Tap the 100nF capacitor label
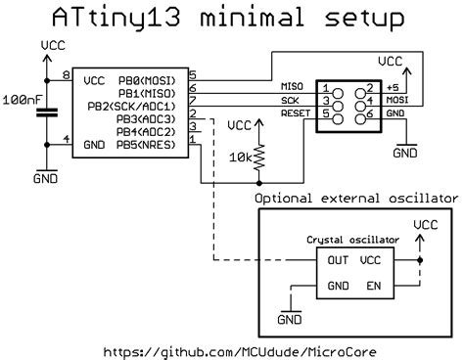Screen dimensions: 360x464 coord(21,101)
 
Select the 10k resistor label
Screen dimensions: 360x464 coord(241,156)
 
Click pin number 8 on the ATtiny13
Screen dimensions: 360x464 coord(66,75)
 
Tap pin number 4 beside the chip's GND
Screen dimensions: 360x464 coord(66,140)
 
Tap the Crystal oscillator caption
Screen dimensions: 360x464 coord(352,239)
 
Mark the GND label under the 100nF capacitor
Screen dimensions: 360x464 coord(44,180)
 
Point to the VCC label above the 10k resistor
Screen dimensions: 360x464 coord(238,125)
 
